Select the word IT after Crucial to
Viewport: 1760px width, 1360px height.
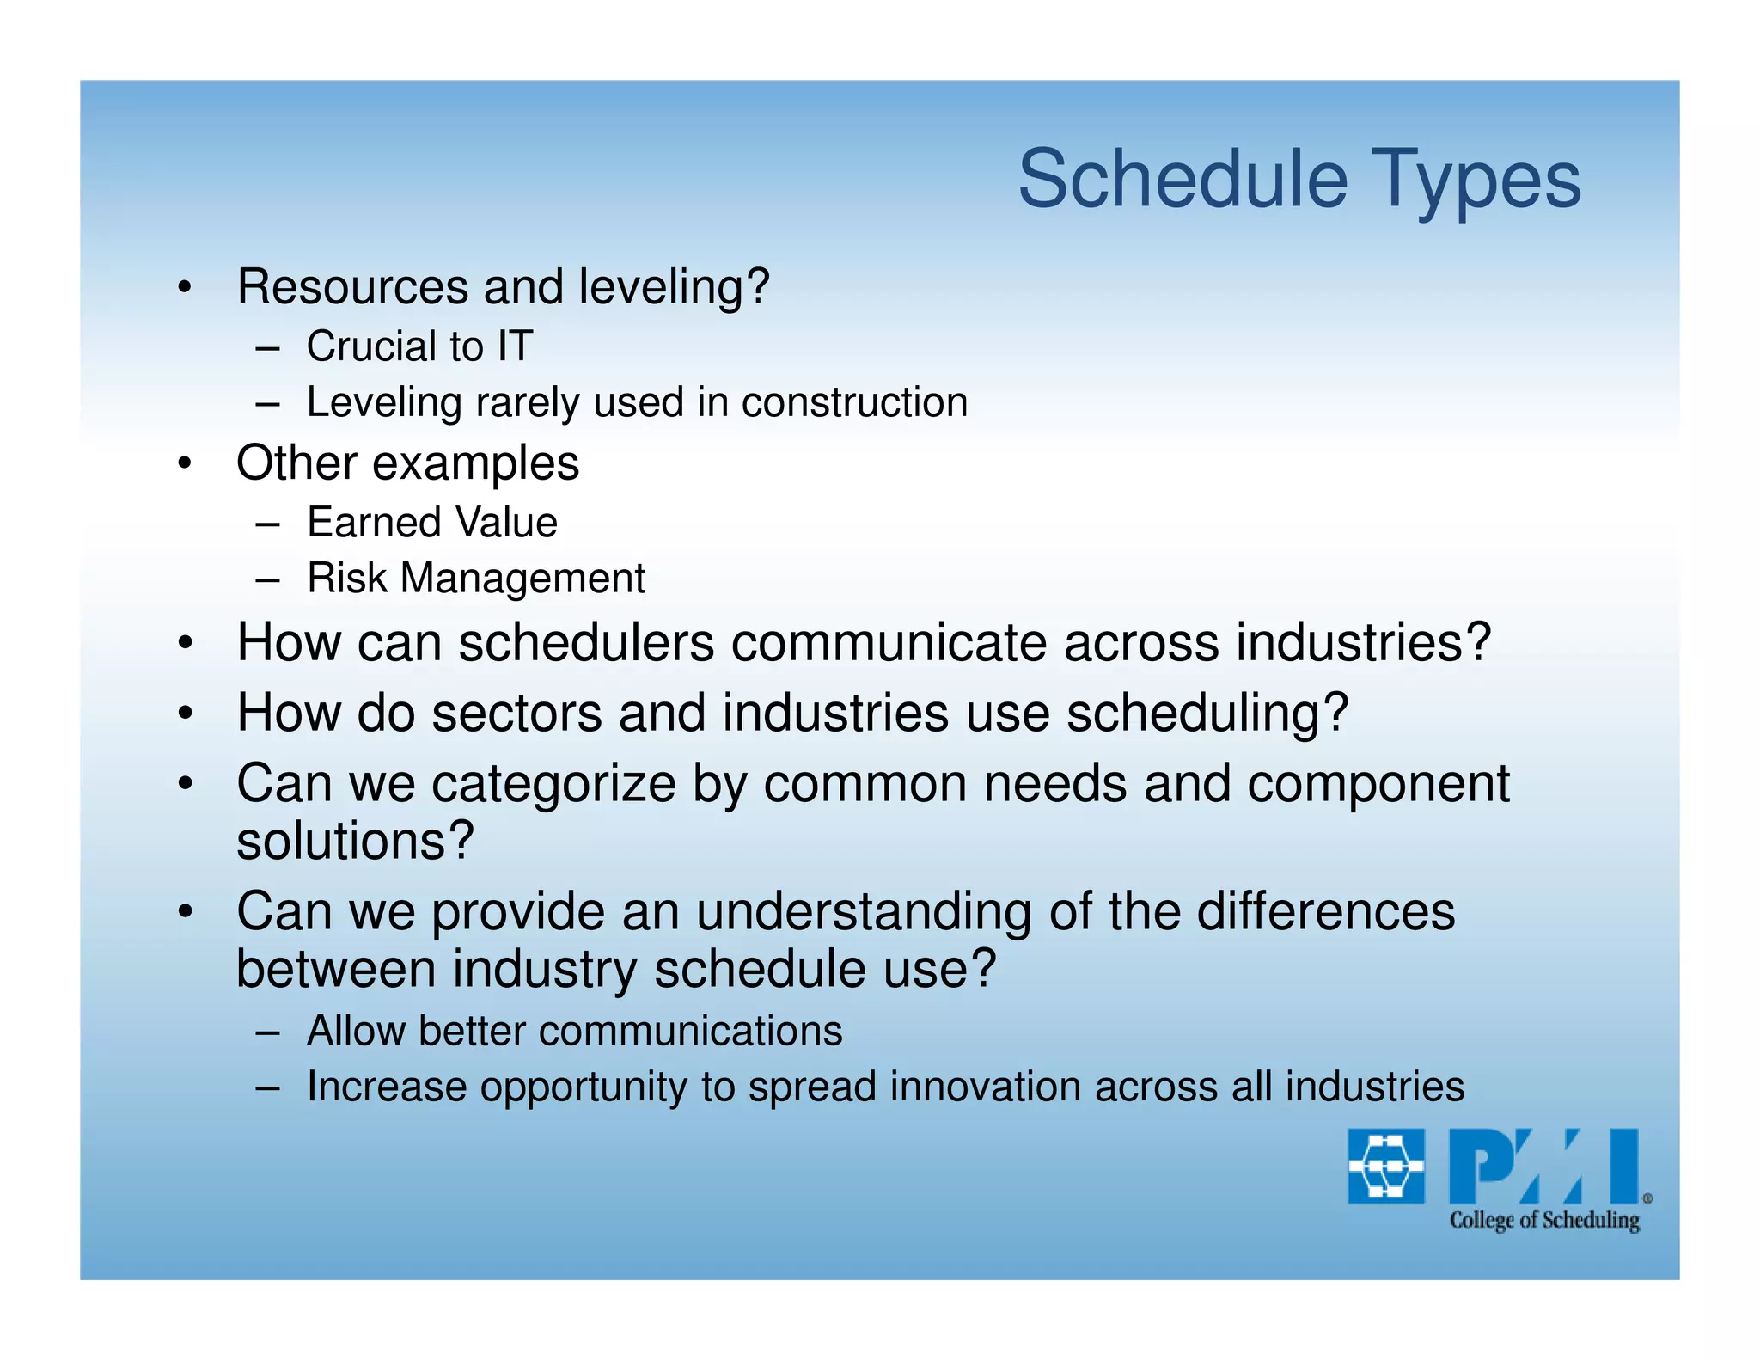[x=514, y=346]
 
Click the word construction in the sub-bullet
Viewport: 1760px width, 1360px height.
[x=854, y=402]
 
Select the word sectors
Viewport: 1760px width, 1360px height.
[x=516, y=714]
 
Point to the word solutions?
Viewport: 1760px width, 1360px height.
[x=355, y=841]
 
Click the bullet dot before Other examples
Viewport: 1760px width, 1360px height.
[x=185, y=465]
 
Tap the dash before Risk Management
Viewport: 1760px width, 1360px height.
[x=267, y=579]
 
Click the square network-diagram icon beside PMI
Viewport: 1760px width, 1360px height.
[x=1385, y=1166]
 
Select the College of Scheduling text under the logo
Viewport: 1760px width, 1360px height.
[x=1543, y=1220]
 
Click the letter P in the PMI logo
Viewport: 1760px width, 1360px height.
[x=1478, y=1166]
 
